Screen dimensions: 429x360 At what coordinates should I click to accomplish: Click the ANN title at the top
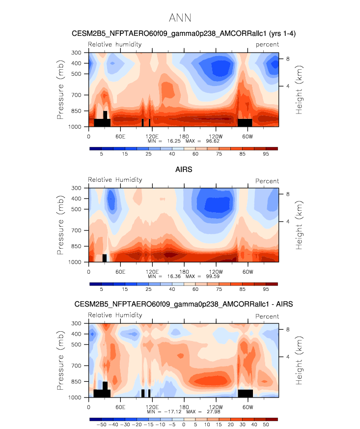pyautogui.click(x=180, y=18)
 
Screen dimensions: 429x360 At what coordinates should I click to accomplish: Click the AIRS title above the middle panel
pyautogui.click(x=184, y=170)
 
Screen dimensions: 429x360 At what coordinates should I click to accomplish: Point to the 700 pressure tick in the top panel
pyautogui.click(x=78, y=95)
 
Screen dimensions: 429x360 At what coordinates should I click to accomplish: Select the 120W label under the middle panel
pyautogui.click(x=215, y=271)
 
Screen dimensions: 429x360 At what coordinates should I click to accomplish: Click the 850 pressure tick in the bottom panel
pyautogui.click(x=78, y=381)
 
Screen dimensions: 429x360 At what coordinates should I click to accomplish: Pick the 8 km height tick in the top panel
pyautogui.click(x=288, y=58)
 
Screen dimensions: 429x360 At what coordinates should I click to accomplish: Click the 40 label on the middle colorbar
pyautogui.click(x=172, y=290)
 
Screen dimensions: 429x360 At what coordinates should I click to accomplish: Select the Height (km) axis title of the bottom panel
pyautogui.click(x=299, y=360)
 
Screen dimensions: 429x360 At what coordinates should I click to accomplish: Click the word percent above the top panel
pyautogui.click(x=267, y=44)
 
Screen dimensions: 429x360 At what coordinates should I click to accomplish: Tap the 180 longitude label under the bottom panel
pyautogui.click(x=184, y=406)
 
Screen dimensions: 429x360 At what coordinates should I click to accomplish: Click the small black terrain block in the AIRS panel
pyautogui.click(x=105, y=258)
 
